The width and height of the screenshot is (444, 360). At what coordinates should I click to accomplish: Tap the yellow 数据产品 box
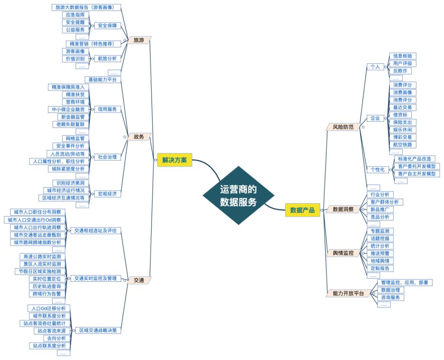point(302,210)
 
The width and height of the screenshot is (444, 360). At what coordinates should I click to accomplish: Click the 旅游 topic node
point(139,40)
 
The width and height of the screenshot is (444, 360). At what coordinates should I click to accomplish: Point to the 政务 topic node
point(139,136)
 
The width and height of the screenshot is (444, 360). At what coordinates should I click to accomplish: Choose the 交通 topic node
point(139,280)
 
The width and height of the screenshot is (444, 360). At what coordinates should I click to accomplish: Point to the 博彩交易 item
point(402,137)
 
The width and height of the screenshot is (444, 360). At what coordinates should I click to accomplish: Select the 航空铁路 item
point(402,144)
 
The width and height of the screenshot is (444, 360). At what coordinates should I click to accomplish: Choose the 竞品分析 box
point(379,217)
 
